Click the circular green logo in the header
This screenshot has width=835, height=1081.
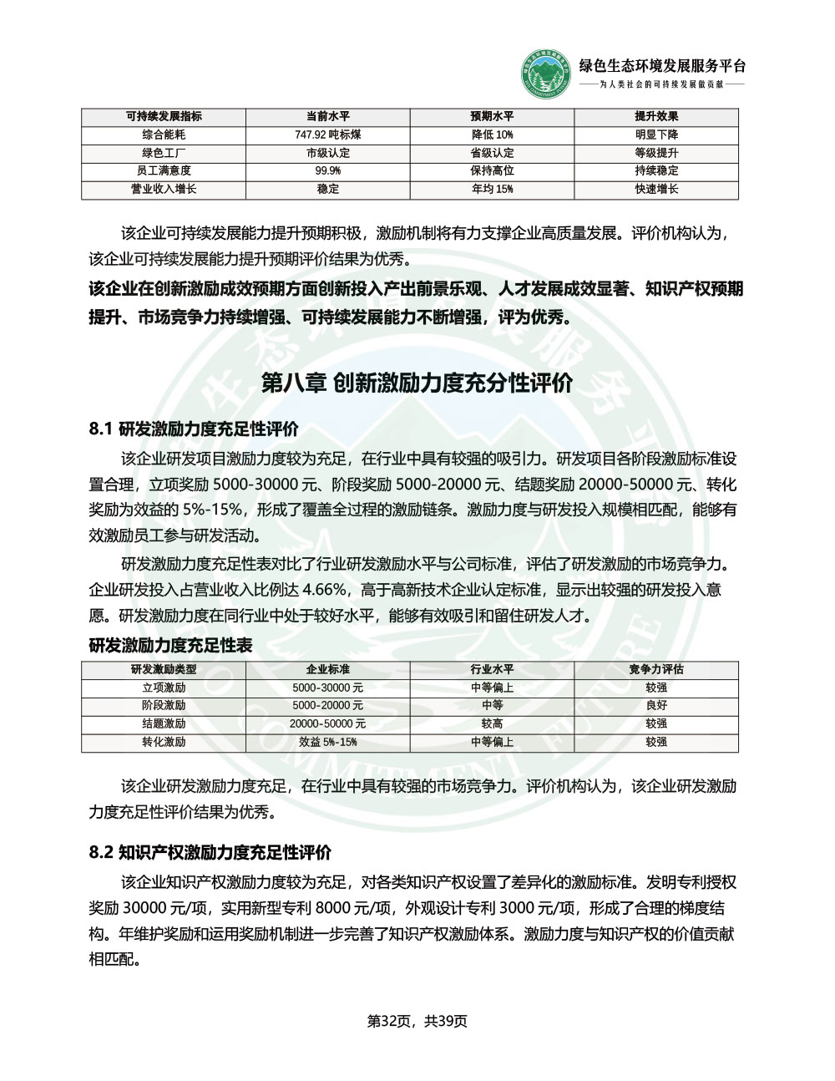tap(548, 74)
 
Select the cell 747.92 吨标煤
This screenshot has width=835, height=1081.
tap(328, 134)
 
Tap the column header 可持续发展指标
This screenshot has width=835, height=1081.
tap(164, 116)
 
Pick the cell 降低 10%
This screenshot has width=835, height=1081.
tap(492, 134)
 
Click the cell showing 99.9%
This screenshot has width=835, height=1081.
tap(328, 170)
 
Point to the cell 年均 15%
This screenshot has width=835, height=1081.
tap(492, 189)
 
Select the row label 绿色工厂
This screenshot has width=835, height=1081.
tap(164, 153)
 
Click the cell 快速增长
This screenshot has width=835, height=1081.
tap(656, 189)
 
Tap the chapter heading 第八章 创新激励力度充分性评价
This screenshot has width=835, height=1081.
tap(417, 383)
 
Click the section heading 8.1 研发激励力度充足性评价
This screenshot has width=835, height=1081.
tap(193, 429)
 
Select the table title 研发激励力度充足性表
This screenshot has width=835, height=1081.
tap(170, 645)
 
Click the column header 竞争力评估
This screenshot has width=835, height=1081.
tap(656, 669)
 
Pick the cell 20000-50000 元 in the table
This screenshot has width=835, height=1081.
tap(328, 723)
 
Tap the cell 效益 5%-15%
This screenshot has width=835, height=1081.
tap(328, 742)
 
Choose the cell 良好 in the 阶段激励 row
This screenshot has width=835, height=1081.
tap(656, 705)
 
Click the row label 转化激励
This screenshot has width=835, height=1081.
tap(164, 742)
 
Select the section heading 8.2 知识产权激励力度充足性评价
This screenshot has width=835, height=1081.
tap(210, 852)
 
